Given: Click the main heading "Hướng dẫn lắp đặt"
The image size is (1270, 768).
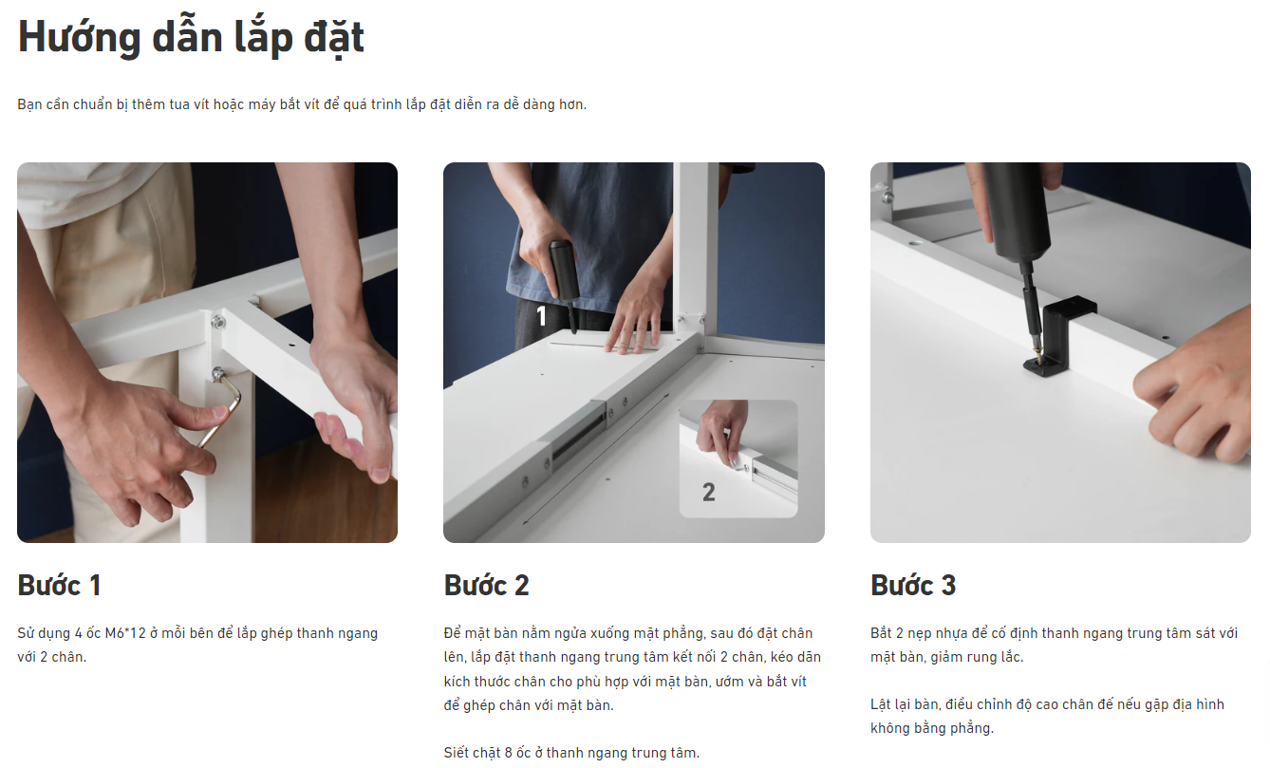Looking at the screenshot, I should [191, 38].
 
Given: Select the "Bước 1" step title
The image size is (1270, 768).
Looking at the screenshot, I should [59, 585].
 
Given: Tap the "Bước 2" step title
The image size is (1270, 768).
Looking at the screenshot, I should [486, 585].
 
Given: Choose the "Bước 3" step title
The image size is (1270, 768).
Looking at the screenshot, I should [913, 585].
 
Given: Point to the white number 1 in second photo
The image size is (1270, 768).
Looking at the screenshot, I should [541, 316].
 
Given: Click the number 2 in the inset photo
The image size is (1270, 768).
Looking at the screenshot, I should [708, 492].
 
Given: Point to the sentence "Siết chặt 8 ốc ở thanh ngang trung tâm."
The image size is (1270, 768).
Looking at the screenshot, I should [571, 753].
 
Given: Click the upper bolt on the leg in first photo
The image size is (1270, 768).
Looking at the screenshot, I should [218, 322].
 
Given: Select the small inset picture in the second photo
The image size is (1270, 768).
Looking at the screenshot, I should [738, 459].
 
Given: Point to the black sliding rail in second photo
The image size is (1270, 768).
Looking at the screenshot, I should [579, 432].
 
